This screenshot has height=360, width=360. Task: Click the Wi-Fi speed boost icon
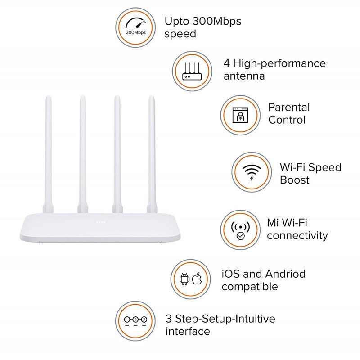point(252,172)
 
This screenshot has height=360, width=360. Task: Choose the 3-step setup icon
point(135,320)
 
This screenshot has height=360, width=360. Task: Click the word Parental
point(289,108)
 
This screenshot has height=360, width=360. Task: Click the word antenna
point(244,76)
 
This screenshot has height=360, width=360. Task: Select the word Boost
point(295,180)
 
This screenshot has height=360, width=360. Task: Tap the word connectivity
point(297,235)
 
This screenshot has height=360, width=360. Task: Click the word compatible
point(250,287)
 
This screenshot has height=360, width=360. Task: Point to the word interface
point(188,332)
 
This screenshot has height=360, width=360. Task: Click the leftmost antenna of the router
point(47,153)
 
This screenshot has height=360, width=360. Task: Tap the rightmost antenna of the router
point(152,153)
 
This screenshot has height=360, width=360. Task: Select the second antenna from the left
point(83,153)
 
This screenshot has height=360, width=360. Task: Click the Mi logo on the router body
point(100,222)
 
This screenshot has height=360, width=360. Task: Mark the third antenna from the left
point(117,153)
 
